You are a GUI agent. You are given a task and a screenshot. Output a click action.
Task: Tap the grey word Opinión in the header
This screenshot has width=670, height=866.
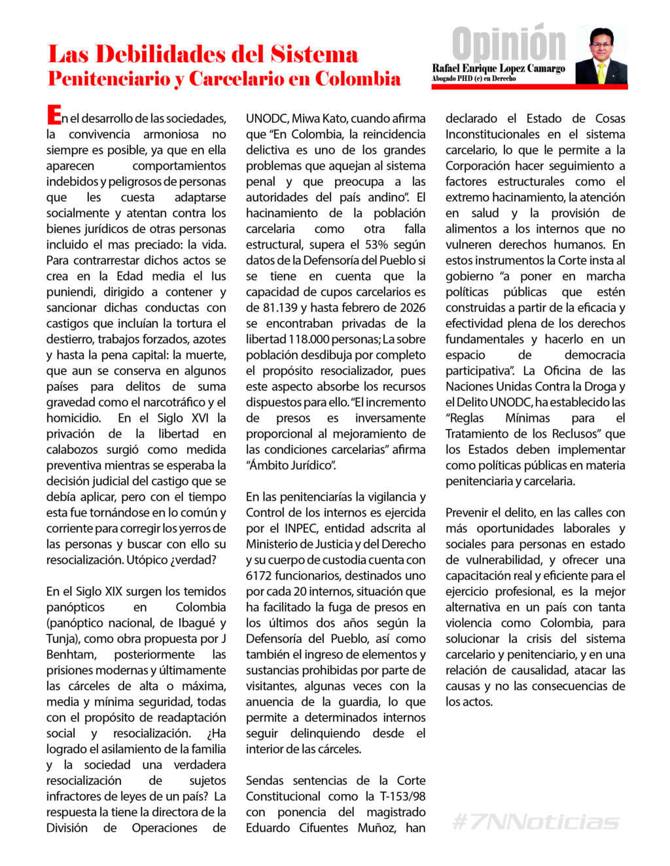click(508, 44)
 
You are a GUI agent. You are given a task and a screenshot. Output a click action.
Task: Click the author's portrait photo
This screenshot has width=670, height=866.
click(601, 56)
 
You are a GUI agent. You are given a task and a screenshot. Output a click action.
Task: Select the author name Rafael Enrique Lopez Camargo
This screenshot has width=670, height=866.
click(499, 68)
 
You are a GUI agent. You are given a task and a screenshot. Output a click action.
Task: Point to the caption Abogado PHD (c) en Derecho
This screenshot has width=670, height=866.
click(474, 78)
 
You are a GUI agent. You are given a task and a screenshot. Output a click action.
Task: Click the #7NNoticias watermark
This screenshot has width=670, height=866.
click(535, 822)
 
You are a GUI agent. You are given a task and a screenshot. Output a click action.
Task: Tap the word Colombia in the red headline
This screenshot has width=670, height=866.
click(358, 78)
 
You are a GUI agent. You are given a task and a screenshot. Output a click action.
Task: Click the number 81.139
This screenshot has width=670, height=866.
click(270, 307)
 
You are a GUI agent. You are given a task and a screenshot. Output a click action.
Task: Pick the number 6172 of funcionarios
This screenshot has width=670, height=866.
click(260, 576)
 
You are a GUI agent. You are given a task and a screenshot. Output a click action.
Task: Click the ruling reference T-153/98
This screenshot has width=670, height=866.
click(402, 796)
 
